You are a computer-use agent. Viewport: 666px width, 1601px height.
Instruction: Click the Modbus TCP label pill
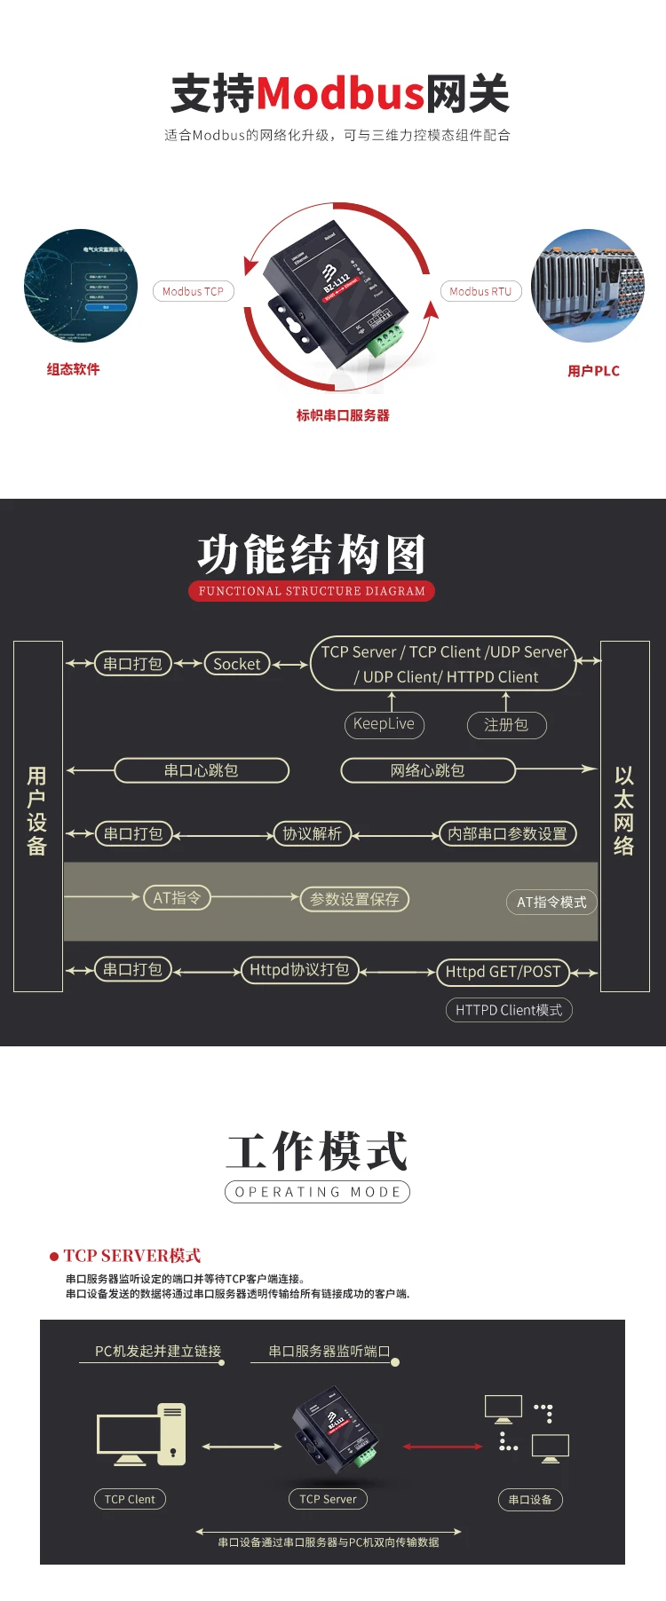[x=193, y=291]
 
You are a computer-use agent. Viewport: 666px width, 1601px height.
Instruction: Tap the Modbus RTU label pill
[x=480, y=291]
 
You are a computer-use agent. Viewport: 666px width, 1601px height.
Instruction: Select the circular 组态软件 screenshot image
[x=81, y=286]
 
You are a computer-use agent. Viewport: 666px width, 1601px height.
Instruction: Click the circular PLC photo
[x=587, y=286]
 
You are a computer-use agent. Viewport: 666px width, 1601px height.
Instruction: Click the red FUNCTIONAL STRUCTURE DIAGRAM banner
[x=312, y=591]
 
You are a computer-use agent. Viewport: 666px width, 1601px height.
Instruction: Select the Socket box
[x=237, y=664]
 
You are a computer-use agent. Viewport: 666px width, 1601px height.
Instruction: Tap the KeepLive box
[x=384, y=724]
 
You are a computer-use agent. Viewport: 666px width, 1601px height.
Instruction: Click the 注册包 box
[x=506, y=725]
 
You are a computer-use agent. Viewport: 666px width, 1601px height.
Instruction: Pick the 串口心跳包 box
[x=202, y=770]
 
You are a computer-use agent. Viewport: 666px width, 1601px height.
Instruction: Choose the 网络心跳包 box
[x=428, y=770]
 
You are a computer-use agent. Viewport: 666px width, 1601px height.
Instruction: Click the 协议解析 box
[x=312, y=834]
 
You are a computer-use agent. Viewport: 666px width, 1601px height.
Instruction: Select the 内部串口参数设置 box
[x=508, y=834]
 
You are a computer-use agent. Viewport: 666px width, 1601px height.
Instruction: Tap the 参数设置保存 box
[x=354, y=899]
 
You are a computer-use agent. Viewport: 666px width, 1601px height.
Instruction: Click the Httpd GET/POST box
[x=503, y=972]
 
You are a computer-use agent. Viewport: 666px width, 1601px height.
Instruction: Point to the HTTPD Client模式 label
[x=509, y=1010]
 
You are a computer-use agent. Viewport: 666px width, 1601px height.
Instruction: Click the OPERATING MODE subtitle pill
[x=317, y=1192]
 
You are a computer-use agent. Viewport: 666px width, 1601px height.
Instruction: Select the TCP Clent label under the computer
[x=130, y=1499]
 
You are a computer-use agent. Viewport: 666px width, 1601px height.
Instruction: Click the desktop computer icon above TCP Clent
[x=141, y=1433]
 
